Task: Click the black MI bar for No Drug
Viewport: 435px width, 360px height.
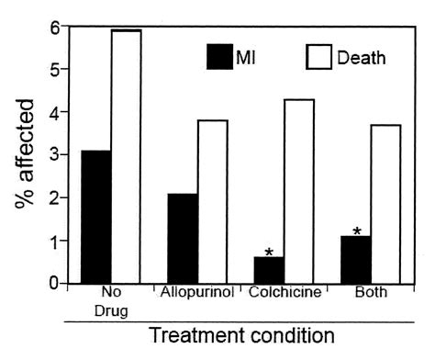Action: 95,218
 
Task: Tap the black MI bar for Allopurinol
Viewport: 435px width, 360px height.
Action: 182,239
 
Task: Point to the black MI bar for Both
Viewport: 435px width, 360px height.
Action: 355,260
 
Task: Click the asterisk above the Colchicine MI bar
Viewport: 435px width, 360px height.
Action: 269,251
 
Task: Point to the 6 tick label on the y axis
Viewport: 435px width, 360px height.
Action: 55,28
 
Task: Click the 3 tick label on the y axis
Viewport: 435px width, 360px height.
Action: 55,155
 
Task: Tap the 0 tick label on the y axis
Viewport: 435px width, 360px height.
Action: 55,283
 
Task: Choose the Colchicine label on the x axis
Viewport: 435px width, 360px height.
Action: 284,294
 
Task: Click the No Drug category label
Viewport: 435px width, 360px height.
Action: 110,301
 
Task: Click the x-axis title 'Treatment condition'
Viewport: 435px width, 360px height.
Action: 241,336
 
